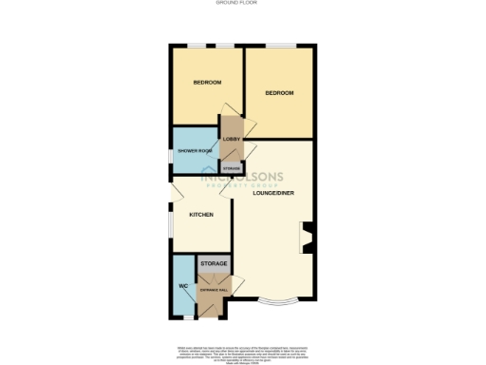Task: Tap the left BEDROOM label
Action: pyautogui.click(x=207, y=83)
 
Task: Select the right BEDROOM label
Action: pyautogui.click(x=279, y=92)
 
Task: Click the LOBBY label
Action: pyautogui.click(x=232, y=140)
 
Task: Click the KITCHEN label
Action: pyautogui.click(x=201, y=215)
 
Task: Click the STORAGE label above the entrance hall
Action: pyautogui.click(x=214, y=261)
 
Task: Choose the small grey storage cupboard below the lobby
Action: pyautogui.click(x=232, y=167)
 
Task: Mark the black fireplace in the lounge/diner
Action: pyautogui.click(x=305, y=238)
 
